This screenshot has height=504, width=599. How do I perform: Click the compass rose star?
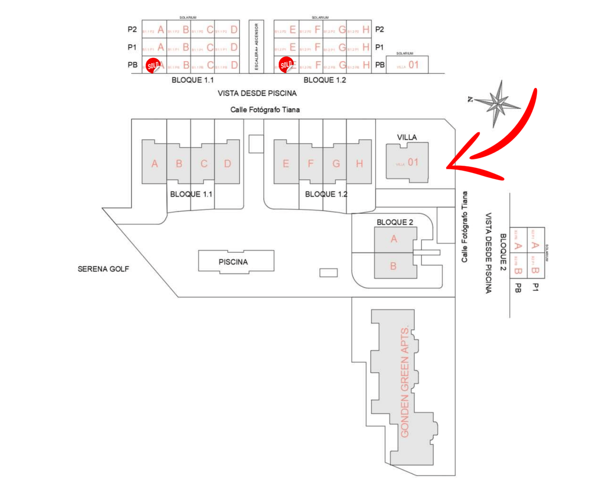click(x=497, y=104)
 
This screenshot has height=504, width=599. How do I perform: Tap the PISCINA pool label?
click(x=233, y=262)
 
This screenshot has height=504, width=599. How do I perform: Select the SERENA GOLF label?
click(x=103, y=269)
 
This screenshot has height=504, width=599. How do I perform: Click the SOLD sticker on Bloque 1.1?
click(x=153, y=66)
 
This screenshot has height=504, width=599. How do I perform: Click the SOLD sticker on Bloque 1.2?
click(x=286, y=65)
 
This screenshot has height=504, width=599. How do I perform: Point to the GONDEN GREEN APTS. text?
click(x=405, y=381)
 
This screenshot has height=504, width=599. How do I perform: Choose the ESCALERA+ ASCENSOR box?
click(x=256, y=47)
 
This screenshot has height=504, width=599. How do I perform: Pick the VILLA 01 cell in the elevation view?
click(x=407, y=65)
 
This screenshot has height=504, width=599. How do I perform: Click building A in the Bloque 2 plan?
click(x=394, y=239)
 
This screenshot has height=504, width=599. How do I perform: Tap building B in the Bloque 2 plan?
click(x=393, y=266)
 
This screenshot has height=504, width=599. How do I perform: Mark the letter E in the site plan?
click(x=286, y=164)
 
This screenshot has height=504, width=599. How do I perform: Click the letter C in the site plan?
click(x=204, y=164)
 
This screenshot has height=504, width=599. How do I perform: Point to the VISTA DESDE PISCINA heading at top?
click(x=257, y=93)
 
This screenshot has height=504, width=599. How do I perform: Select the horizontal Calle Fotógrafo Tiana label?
click(x=265, y=110)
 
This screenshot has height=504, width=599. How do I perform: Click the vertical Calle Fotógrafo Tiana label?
click(x=465, y=227)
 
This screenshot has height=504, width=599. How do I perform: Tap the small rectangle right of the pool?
click(x=328, y=273)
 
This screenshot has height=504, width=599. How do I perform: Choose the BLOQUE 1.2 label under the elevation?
click(x=325, y=80)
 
